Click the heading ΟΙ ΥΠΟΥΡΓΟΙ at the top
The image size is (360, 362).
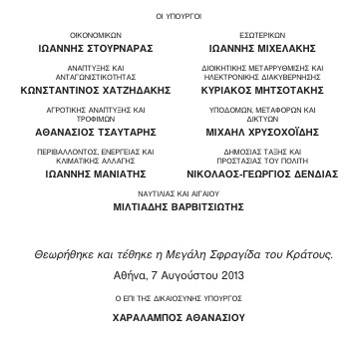tap(180, 17)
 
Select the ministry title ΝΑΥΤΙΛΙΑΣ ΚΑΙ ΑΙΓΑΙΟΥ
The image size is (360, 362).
tap(179, 198)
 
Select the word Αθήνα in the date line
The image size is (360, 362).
tap(134, 274)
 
